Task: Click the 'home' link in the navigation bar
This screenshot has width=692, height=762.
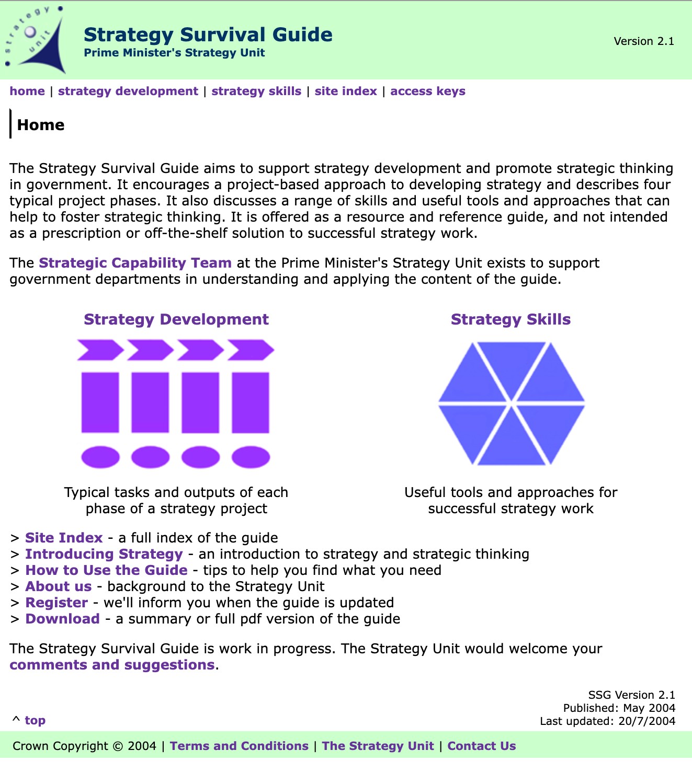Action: pos(27,91)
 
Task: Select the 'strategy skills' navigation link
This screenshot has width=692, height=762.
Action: pos(256,91)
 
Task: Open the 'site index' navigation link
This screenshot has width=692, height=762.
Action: pos(346,91)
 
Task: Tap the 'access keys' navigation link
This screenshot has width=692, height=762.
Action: pos(427,91)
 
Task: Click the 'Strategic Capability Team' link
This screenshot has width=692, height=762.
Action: pos(135,263)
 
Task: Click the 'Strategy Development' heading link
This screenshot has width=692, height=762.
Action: pos(176,319)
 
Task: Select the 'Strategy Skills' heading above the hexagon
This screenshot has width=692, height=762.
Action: pos(511,319)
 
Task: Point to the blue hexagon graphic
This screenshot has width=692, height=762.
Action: pos(511,403)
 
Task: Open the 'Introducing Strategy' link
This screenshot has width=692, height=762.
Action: pos(104,554)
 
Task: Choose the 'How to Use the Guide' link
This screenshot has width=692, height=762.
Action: pos(106,570)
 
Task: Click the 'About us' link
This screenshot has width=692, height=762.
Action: pos(59,586)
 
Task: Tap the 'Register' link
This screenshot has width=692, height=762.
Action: pos(56,603)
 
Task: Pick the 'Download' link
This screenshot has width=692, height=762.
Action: pos(63,619)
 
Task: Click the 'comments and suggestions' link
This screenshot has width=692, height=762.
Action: pos(112,665)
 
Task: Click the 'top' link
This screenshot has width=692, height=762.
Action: pos(35,720)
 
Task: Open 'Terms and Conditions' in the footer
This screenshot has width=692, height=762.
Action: pos(239,746)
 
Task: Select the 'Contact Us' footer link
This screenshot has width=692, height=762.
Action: pos(481,746)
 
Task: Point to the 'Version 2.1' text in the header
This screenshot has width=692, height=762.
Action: pos(644,41)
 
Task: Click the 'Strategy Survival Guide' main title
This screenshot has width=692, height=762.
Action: pos(208,35)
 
